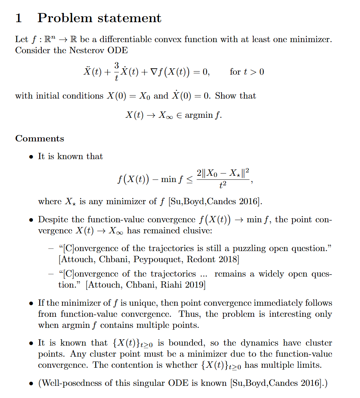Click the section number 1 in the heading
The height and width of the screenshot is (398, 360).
18,18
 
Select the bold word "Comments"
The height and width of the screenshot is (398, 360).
40,139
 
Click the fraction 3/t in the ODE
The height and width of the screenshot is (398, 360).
116,72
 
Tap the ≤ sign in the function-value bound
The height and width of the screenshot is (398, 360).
189,180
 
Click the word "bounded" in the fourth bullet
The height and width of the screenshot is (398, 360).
185,343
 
